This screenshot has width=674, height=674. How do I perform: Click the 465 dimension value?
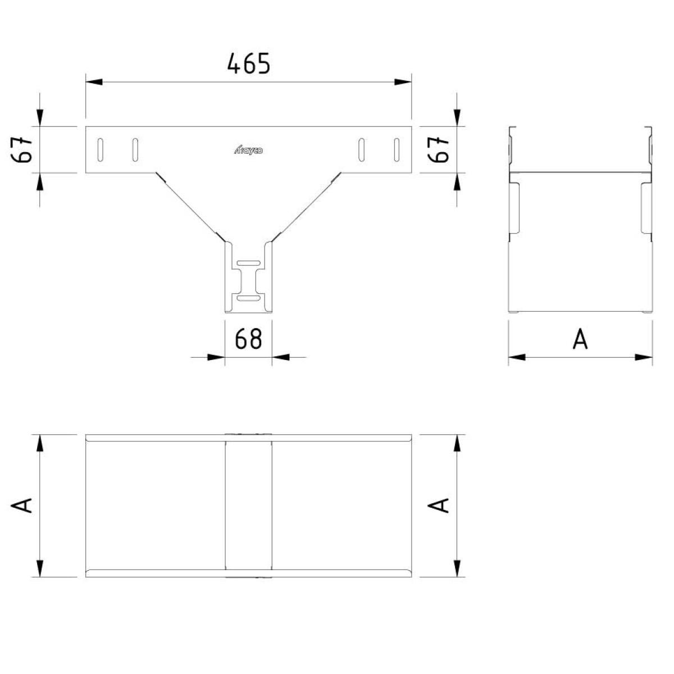[x=249, y=63]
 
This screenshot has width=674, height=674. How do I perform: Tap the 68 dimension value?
[x=248, y=339]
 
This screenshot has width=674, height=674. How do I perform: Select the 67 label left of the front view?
[x=22, y=150]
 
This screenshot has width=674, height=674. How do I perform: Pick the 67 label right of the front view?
[x=438, y=150]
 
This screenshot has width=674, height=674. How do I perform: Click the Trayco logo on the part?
[x=248, y=151]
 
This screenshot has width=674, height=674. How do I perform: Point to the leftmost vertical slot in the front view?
[x=101, y=150]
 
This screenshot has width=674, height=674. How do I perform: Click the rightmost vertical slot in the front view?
[x=397, y=150]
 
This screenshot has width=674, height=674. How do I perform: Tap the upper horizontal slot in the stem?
[x=248, y=263]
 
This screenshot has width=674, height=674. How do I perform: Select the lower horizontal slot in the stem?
[x=248, y=298]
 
